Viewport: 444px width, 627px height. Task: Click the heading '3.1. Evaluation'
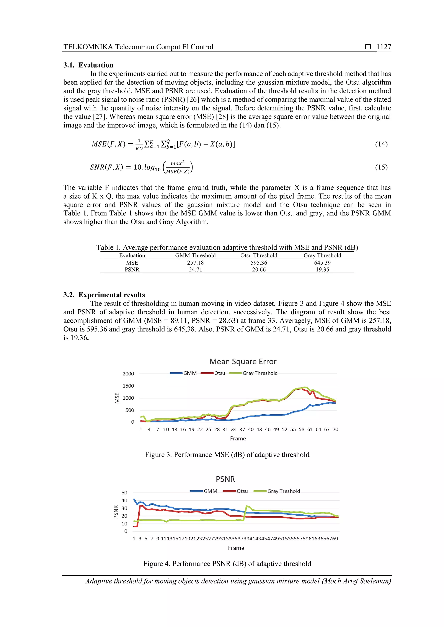tap(88, 65)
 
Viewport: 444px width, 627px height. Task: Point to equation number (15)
tap(381, 167)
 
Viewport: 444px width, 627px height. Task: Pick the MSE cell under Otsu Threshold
tap(259, 263)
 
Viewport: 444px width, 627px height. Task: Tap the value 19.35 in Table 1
tap(322, 270)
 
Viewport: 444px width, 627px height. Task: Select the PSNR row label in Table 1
tap(132, 270)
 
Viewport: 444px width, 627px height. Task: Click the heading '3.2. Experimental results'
tap(104, 295)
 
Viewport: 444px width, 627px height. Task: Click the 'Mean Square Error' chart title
tap(243, 362)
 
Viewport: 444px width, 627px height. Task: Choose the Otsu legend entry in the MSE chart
tap(219, 373)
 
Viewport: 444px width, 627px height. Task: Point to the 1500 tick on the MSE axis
tap(128, 386)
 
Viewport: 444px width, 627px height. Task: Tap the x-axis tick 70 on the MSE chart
tap(335, 429)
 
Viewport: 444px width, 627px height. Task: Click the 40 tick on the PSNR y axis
tap(124, 500)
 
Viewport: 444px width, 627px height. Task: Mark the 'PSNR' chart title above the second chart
tap(225, 479)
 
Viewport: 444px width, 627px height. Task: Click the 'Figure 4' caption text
tap(227, 564)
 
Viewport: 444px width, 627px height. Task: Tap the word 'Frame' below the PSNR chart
tap(236, 548)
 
